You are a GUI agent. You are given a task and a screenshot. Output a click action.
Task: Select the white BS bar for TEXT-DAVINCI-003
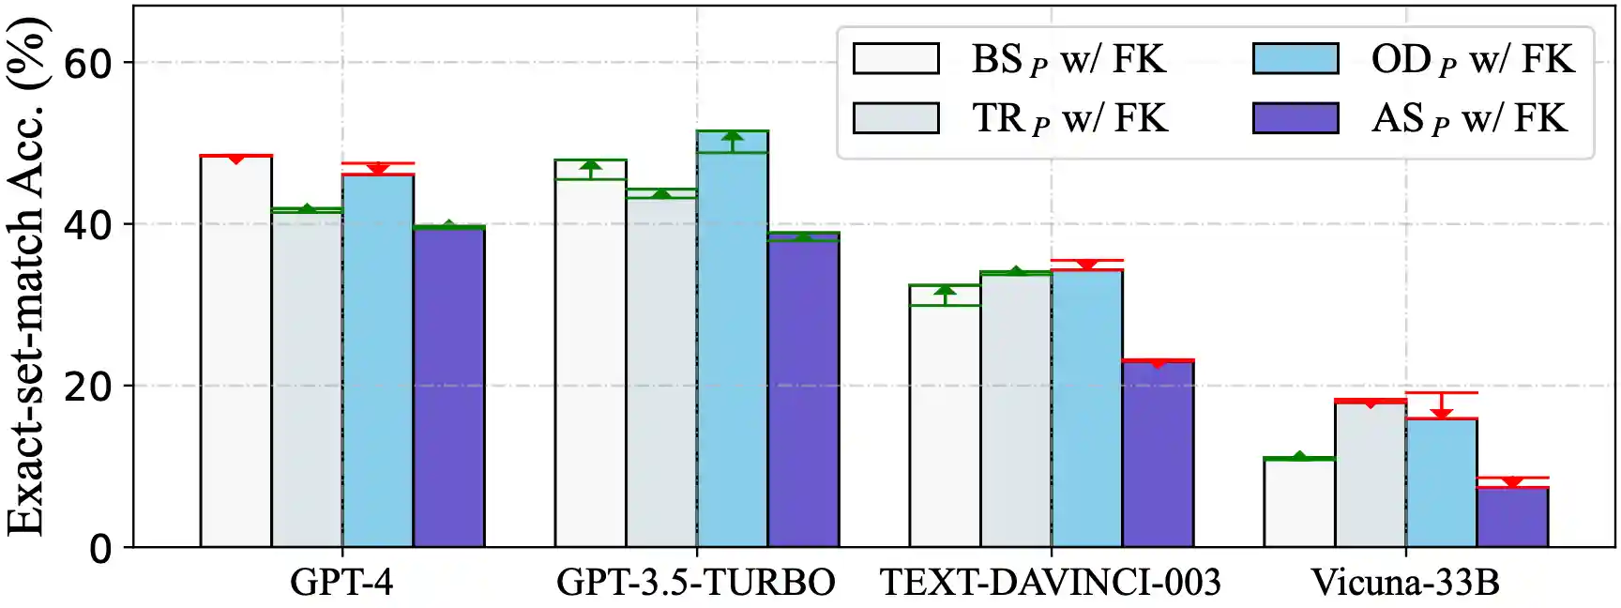tap(945, 426)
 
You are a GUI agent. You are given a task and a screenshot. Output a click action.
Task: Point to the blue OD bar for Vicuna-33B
tap(1441, 483)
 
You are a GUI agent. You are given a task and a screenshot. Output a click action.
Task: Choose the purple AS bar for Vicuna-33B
tap(1512, 517)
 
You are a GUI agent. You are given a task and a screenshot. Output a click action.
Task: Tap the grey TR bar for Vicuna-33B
tap(1370, 475)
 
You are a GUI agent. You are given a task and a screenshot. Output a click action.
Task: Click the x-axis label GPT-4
tap(341, 583)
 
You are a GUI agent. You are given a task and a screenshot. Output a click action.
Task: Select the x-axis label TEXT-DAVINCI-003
tap(1051, 583)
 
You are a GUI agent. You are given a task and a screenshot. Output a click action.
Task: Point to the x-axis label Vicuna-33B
tap(1405, 583)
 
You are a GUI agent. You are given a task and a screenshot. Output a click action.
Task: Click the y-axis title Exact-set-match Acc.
tap(26, 281)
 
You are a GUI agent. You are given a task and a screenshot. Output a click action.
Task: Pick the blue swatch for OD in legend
tap(1295, 58)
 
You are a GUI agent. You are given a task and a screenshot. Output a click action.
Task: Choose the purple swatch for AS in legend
tap(1295, 118)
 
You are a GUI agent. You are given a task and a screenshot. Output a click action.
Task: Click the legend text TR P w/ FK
tap(1069, 119)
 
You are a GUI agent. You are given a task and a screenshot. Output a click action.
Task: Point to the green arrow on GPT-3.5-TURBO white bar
tap(590, 168)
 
